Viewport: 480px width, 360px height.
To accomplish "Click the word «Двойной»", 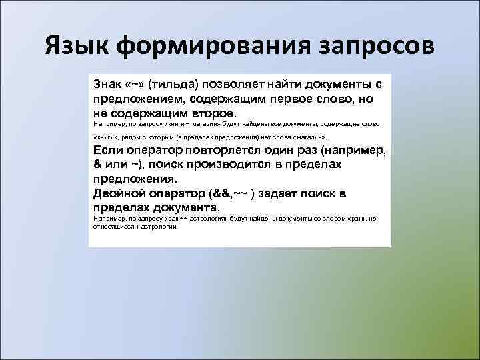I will (x=118, y=193).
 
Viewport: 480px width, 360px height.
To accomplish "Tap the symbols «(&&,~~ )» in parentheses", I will (x=231, y=193).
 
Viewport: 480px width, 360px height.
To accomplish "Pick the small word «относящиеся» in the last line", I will (x=113, y=226).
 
